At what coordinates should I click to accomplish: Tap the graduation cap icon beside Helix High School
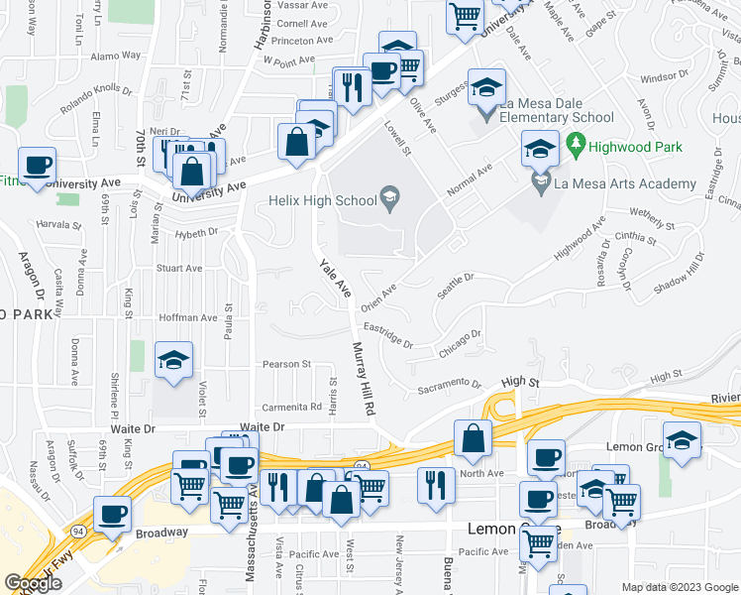point(390,199)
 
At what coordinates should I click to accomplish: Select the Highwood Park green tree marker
point(576,147)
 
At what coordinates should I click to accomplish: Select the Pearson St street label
point(286,364)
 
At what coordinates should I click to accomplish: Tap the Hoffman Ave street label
point(188,317)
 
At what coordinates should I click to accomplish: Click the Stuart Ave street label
point(179,268)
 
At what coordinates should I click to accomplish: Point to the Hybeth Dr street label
point(195,232)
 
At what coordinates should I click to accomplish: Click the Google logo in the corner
point(33,583)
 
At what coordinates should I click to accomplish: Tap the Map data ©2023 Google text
point(680,587)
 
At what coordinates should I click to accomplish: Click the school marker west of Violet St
point(174,360)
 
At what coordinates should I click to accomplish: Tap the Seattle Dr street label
point(457,283)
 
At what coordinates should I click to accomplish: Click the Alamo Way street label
point(116,58)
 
